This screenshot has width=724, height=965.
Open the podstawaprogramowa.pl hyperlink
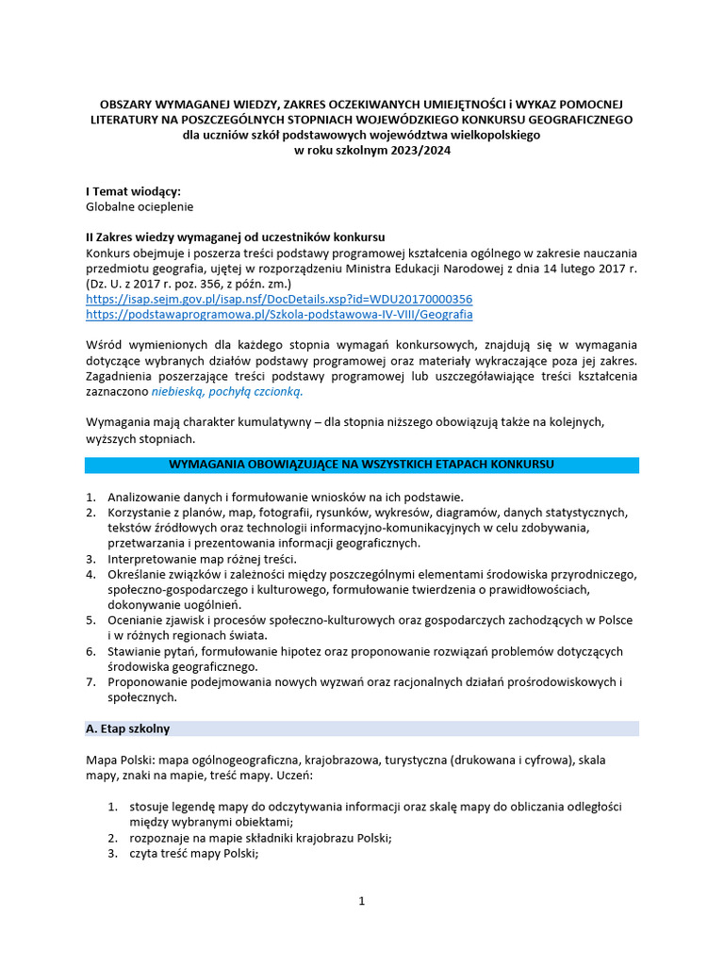click(279, 314)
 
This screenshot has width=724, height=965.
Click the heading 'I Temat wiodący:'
click(133, 191)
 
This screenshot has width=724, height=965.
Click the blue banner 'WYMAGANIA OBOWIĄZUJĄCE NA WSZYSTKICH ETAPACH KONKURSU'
click(361, 465)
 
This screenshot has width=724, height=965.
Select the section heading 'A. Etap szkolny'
click(128, 728)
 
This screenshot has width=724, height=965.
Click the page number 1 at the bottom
click(361, 901)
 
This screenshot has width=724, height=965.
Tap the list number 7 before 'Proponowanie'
click(90, 681)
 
